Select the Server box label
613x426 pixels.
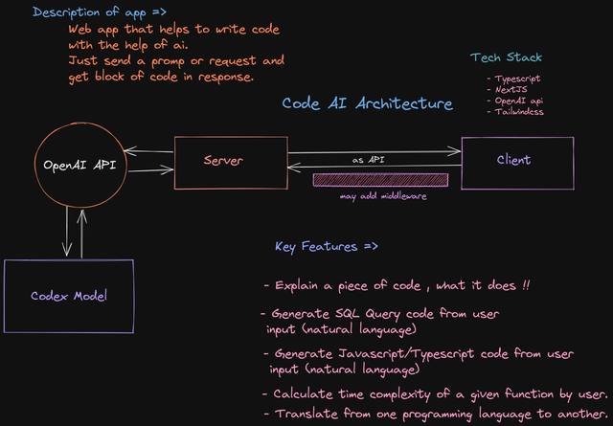click(223, 160)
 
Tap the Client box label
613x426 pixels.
click(513, 160)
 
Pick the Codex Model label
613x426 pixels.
click(69, 296)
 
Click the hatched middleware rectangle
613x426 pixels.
click(380, 180)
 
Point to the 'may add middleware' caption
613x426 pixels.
click(383, 196)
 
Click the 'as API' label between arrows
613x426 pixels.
click(368, 160)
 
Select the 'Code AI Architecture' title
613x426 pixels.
click(368, 103)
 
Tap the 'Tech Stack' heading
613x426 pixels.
click(507, 57)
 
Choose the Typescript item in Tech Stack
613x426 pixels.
click(517, 78)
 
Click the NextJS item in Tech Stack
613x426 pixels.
click(511, 89)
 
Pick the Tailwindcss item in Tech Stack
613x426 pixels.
click(519, 112)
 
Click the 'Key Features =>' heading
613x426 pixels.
click(327, 247)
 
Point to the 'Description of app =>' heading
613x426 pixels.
click(100, 12)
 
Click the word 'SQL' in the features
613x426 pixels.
click(347, 313)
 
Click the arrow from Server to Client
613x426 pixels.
click(375, 151)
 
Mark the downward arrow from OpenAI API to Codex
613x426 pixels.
click(67, 232)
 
